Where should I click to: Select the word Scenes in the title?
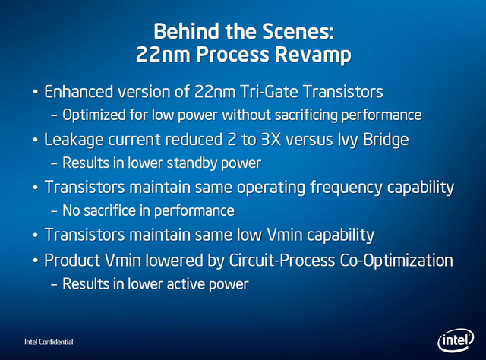point(298,31)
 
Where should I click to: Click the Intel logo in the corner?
point(456,340)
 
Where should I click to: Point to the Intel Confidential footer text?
point(49,342)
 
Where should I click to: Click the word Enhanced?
point(78,92)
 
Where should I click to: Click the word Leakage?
point(74,140)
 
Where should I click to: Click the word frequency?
point(346,188)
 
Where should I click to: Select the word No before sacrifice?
point(71,210)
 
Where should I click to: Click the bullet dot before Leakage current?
point(36,141)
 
